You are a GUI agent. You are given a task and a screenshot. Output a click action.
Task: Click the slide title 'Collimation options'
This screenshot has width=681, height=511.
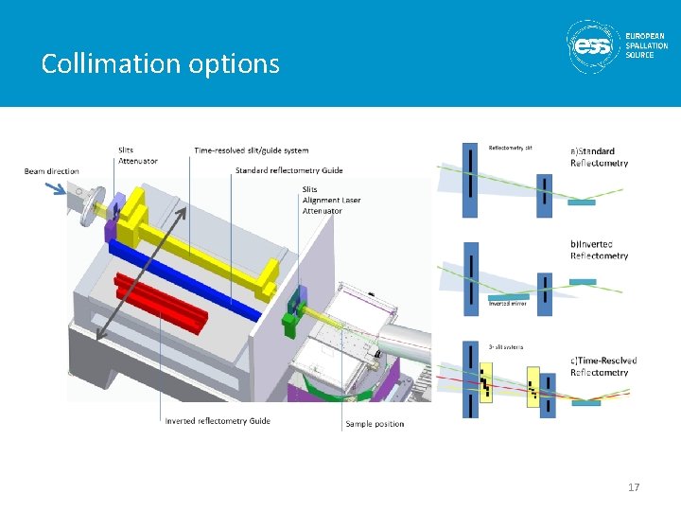click(161, 63)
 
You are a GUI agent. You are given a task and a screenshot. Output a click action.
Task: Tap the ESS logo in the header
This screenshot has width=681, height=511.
click(594, 44)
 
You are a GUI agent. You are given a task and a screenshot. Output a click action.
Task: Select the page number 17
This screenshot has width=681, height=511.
click(634, 487)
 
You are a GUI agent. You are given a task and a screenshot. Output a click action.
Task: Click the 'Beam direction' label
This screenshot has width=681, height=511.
click(52, 171)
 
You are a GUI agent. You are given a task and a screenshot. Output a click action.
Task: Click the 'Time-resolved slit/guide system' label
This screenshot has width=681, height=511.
click(251, 150)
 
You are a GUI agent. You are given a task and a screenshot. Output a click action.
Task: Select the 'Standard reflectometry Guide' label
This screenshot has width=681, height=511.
click(288, 170)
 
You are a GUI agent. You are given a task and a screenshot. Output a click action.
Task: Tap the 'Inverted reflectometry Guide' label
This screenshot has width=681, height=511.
click(218, 420)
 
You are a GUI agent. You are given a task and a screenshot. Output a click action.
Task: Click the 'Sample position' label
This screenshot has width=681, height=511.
click(375, 424)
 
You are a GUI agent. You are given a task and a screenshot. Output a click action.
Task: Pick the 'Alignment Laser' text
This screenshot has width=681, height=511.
click(331, 200)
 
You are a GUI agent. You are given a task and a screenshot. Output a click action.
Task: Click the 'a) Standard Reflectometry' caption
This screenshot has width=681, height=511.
click(598, 157)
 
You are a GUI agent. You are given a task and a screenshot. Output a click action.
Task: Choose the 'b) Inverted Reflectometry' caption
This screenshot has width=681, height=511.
click(599, 250)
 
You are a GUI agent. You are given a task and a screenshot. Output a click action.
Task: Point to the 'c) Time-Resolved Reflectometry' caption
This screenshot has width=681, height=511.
click(602, 366)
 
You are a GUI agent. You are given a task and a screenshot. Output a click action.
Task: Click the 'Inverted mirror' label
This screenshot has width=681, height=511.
click(507, 304)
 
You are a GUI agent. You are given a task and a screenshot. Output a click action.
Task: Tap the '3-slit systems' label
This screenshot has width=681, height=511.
click(506, 347)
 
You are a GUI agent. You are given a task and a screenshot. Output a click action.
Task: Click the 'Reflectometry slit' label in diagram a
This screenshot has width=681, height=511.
click(511, 147)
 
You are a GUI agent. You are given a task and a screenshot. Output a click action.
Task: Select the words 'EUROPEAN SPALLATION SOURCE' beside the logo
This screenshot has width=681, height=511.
click(647, 44)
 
